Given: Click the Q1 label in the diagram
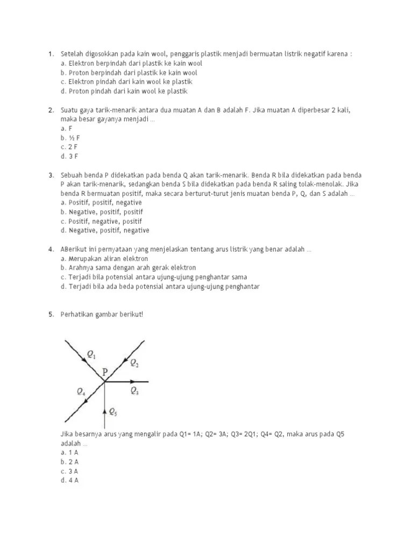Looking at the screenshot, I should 92,354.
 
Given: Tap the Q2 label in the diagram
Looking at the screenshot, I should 134,363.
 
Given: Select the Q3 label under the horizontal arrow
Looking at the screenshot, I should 134,392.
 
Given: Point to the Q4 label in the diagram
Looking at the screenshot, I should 81,391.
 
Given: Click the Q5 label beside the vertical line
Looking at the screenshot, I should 113,412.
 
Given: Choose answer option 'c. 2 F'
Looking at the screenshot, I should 70,147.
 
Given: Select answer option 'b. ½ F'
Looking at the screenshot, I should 70,138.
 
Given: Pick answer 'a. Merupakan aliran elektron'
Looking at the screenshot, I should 104,258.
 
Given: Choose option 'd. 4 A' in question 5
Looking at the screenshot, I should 70,481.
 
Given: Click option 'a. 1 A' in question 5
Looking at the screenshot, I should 70,453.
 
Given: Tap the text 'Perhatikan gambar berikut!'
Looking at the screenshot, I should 102,315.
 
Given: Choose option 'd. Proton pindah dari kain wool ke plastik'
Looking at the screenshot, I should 124,91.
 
